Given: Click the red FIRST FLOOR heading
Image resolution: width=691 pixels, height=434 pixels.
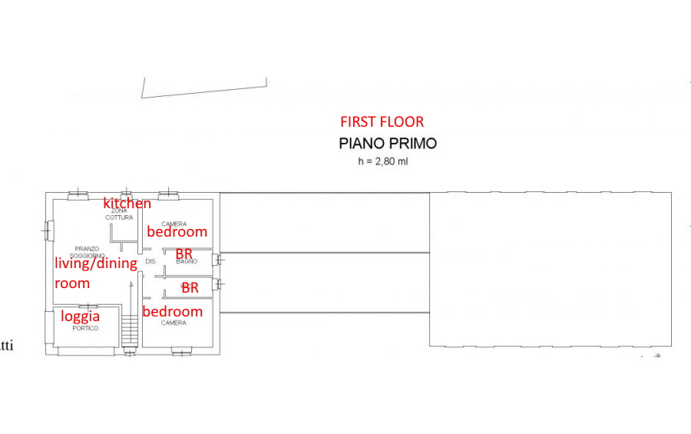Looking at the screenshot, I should (x=382, y=121).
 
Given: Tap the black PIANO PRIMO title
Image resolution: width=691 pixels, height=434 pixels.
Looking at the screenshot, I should (x=388, y=143).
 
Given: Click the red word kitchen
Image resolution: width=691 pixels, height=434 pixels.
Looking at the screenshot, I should (x=127, y=204).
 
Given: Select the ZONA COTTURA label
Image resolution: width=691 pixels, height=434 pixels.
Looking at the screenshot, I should (x=119, y=214).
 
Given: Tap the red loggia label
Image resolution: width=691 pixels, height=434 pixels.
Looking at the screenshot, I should (x=81, y=316).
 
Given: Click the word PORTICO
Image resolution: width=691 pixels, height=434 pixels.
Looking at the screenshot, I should (x=85, y=328).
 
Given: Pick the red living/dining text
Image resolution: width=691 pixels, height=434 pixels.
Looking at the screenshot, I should (x=95, y=263).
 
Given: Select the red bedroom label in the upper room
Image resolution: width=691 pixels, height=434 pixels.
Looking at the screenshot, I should (x=177, y=231).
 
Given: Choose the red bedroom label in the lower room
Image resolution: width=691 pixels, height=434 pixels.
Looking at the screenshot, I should (x=173, y=311).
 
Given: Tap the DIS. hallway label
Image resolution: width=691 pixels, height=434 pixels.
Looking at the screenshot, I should (x=150, y=262).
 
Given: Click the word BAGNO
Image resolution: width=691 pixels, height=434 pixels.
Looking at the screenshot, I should (x=187, y=262).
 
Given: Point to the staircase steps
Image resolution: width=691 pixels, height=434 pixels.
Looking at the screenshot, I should (x=129, y=332).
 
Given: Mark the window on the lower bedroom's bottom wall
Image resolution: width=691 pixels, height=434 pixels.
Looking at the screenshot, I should (x=182, y=352).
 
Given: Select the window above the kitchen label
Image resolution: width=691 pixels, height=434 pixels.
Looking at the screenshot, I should (x=126, y=194).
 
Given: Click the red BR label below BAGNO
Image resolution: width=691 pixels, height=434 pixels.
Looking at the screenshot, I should (x=190, y=288).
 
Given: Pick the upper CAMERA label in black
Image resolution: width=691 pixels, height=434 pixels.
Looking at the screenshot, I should (x=174, y=224).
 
